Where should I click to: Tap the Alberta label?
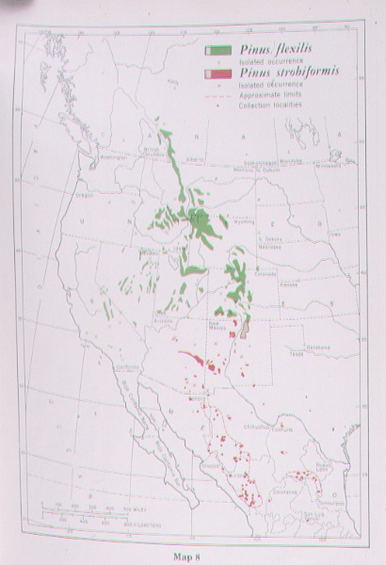tap(195, 159)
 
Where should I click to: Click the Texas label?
tap(298, 355)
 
